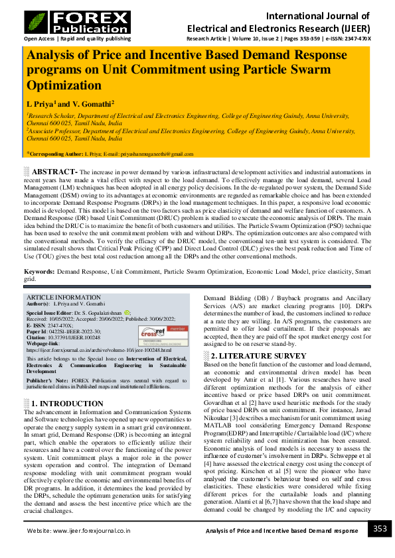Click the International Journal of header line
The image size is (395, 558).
(x=319, y=16)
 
